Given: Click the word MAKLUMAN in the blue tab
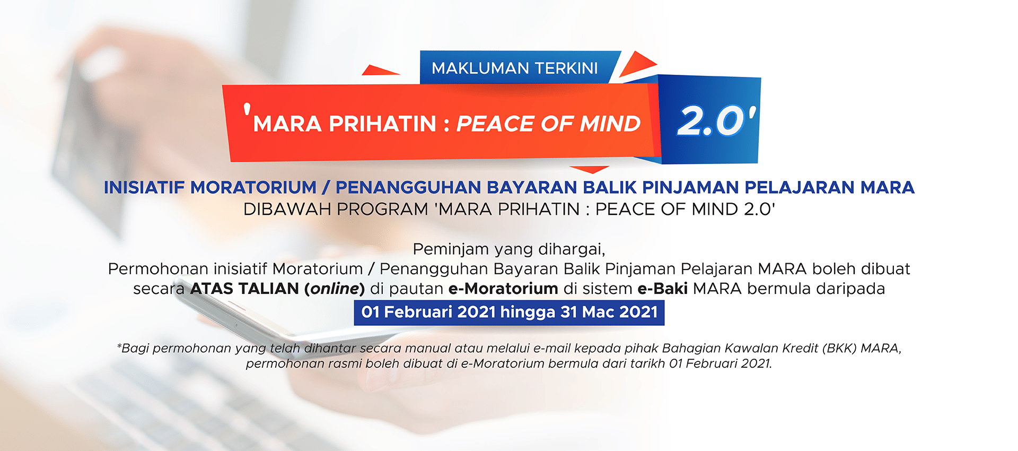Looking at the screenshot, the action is click(480, 68).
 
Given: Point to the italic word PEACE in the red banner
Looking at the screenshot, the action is click(495, 124).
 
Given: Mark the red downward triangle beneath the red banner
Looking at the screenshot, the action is click(590, 170).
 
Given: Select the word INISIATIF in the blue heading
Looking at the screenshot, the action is click(145, 187).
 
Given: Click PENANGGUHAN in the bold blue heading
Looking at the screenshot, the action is click(408, 187).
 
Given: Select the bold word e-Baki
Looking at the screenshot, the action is click(662, 289).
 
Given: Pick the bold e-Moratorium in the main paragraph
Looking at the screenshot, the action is click(503, 289).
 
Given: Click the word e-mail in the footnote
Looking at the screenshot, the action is click(552, 349).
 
